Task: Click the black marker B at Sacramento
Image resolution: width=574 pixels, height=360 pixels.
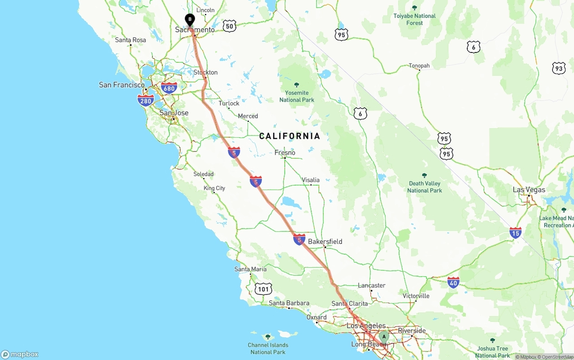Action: (190, 20)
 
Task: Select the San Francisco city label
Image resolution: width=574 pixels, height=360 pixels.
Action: (122, 85)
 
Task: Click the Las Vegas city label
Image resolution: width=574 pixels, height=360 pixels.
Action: (529, 190)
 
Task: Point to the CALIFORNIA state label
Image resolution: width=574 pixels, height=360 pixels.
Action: (290, 136)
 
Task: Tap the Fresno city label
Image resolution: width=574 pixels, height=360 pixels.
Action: (285, 152)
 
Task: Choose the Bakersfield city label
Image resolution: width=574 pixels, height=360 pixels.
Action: (325, 241)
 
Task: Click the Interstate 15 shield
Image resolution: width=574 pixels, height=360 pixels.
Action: (515, 233)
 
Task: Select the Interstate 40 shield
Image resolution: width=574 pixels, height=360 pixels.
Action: (453, 282)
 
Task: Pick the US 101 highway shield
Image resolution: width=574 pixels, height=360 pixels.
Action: (263, 289)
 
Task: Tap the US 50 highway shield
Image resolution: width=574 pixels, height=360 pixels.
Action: (229, 26)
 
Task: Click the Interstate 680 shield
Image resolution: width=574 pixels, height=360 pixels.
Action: (169, 88)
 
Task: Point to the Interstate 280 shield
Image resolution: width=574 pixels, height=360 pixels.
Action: (145, 100)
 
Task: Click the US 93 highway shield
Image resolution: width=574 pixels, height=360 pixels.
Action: (558, 68)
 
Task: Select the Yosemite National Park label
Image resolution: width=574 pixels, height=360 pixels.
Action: (296, 96)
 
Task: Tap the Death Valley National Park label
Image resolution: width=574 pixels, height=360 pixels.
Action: (424, 187)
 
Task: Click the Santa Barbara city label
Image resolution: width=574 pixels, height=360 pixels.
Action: (289, 303)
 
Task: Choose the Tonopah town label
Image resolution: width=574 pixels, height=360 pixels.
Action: (419, 66)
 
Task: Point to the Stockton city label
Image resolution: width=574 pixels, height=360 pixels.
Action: (205, 72)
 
